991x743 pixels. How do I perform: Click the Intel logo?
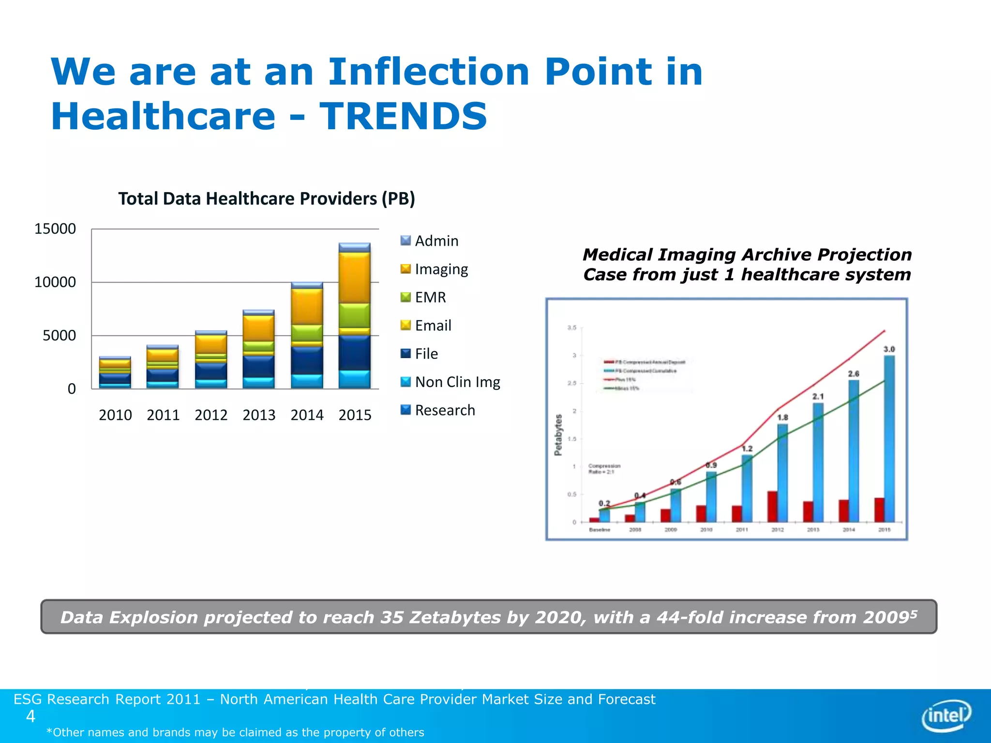coord(946,715)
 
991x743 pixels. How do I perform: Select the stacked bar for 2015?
coord(354,317)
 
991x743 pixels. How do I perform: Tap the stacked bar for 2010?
coord(115,373)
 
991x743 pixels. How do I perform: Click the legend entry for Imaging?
coord(434,269)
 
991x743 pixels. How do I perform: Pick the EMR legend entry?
coord(423,297)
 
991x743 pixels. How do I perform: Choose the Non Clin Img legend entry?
coord(450,382)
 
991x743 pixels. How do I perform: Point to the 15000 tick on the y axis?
coord(55,229)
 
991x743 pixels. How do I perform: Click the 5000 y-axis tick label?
coord(59,335)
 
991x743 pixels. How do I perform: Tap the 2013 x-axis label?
coord(259,415)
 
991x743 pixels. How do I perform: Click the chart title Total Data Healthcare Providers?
coord(267,199)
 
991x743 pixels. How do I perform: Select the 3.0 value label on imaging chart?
coord(889,349)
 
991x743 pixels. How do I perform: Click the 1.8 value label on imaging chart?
coord(782,417)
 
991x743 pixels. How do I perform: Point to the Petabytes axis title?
coord(558,434)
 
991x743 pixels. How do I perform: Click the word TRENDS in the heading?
coord(403,117)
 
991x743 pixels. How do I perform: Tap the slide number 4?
coord(30,716)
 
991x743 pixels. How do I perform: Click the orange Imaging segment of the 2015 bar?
coord(354,278)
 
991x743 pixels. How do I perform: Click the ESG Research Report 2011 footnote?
coord(334,699)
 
